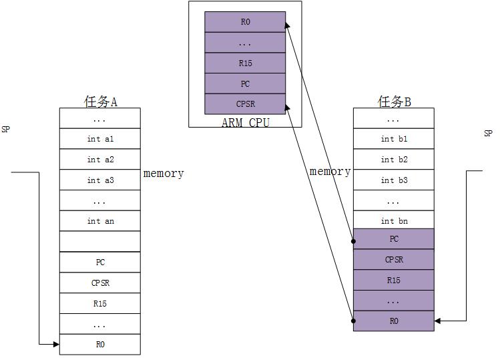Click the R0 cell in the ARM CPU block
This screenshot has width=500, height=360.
[x=245, y=22]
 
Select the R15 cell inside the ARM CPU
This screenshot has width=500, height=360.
[x=245, y=63]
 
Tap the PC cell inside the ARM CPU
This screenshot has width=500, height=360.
[x=245, y=83]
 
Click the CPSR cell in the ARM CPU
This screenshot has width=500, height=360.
[x=245, y=104]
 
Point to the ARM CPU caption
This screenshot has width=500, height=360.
[x=245, y=123]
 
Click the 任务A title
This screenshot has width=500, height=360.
[x=100, y=102]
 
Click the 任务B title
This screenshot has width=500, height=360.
[x=394, y=102]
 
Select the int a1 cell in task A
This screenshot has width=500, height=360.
[x=100, y=139]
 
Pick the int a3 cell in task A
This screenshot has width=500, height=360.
[x=100, y=180]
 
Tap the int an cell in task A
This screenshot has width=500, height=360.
[x=100, y=221]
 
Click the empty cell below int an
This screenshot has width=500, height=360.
[x=100, y=241]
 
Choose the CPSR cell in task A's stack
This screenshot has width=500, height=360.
[x=100, y=283]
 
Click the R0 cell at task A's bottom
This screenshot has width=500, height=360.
[x=100, y=345]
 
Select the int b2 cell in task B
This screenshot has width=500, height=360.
[x=394, y=160]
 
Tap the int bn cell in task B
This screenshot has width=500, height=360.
[x=394, y=221]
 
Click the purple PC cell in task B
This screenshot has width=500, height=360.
[x=394, y=239]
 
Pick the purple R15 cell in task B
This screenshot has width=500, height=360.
[x=394, y=281]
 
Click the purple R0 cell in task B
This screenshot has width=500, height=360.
[x=394, y=321]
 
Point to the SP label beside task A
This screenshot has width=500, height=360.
[x=6, y=130]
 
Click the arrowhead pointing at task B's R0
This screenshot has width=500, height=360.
[x=438, y=321]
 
